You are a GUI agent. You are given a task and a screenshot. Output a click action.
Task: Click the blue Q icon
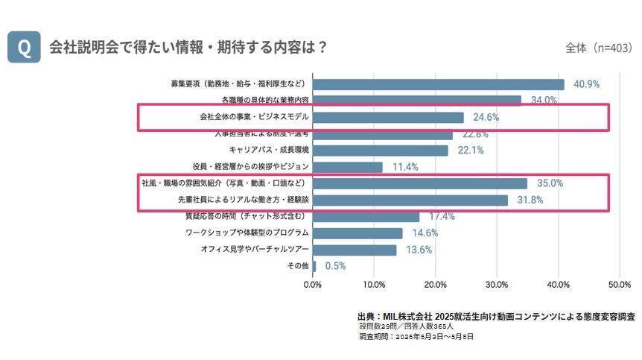click(x=24, y=47)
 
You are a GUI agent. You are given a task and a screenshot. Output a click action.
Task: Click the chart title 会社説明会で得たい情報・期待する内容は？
click(x=188, y=46)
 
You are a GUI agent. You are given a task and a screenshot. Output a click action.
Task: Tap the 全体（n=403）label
click(x=597, y=48)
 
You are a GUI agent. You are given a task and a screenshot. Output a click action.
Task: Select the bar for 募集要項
click(x=439, y=84)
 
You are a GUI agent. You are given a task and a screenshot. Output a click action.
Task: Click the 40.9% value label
click(x=586, y=84)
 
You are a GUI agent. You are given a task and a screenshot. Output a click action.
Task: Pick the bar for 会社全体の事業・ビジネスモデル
click(x=388, y=117)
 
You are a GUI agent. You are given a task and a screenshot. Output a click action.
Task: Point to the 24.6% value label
click(x=486, y=117)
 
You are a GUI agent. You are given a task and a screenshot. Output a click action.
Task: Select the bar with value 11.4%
click(x=348, y=167)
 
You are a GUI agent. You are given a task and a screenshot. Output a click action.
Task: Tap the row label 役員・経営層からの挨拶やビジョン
click(x=250, y=166)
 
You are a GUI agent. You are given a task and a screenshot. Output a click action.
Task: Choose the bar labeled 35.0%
click(x=420, y=183)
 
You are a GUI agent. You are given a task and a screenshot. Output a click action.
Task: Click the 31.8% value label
click(x=530, y=200)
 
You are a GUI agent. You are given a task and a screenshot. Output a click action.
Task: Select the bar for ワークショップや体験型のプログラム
click(x=358, y=233)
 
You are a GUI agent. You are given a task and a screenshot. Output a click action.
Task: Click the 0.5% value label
click(x=334, y=266)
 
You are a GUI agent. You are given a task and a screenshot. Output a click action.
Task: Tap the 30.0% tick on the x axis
click(x=497, y=284)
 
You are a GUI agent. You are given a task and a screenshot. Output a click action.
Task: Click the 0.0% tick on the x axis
click(x=313, y=284)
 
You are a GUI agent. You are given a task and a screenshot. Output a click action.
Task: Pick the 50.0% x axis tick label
click(x=620, y=284)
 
